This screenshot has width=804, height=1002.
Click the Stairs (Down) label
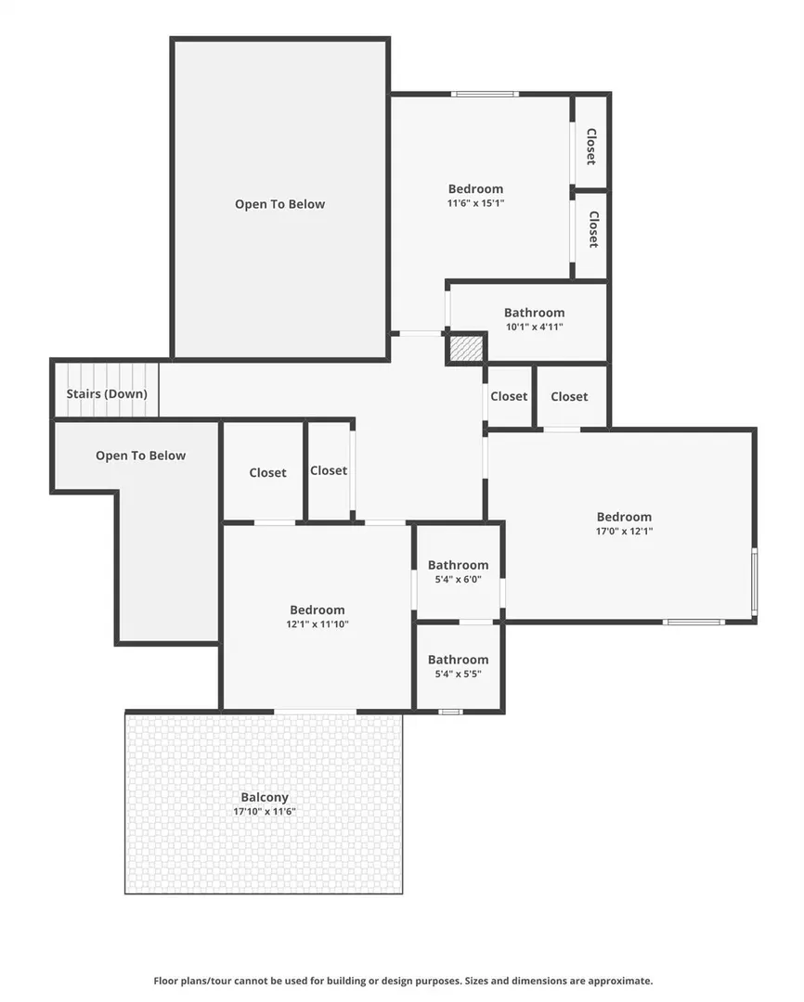pos(107,393)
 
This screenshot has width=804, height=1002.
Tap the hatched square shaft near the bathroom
pos(466,349)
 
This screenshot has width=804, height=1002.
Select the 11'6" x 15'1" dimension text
pos(476,203)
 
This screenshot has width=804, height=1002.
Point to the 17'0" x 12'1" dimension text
pos(624,531)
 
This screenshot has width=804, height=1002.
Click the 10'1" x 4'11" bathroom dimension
pos(534,327)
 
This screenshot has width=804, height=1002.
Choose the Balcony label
pos(265,798)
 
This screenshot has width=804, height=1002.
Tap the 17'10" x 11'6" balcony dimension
pos(265,812)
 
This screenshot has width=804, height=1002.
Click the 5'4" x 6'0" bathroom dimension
pos(458,580)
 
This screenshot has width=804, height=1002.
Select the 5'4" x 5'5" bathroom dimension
pos(458,674)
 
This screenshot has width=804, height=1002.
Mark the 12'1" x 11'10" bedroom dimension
pos(318,624)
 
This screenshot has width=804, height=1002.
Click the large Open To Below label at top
pos(280,204)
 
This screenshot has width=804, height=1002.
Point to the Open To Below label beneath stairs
pos(141,456)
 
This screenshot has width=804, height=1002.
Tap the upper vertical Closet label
pos(591,147)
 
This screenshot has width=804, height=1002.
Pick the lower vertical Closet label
pos(593,229)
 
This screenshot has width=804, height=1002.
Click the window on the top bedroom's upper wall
pos(485,95)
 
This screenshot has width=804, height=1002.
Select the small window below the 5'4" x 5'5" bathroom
pos(450,712)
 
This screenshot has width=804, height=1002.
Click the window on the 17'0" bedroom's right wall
pos(755,582)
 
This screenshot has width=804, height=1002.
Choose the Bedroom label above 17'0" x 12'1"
pos(624,517)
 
